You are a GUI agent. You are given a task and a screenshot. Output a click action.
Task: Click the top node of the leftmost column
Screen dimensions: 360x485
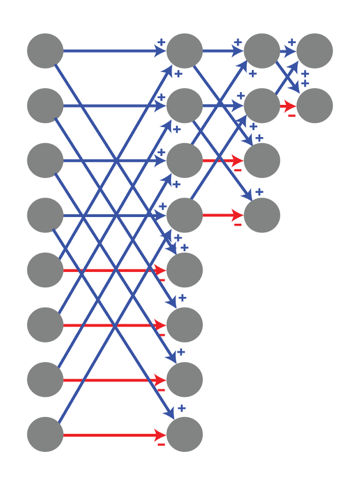(45, 50)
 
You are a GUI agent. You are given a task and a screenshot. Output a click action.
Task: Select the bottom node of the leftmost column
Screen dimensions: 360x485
(45, 434)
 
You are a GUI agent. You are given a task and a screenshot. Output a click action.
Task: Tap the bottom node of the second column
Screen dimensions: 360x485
(185, 434)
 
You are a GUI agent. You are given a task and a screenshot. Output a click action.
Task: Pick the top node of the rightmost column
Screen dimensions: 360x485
(314, 50)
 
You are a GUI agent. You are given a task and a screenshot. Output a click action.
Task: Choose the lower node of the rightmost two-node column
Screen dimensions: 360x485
(314, 105)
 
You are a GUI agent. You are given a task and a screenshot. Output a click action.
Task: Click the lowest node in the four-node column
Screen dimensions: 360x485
(262, 215)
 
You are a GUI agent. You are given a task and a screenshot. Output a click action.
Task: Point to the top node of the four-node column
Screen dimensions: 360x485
(262, 50)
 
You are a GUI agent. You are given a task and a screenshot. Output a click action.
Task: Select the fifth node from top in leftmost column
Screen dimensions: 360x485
(45, 270)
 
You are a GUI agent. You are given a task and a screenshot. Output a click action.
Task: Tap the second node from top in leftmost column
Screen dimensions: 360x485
(45, 105)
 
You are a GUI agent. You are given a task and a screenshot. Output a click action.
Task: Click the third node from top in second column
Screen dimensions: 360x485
(185, 160)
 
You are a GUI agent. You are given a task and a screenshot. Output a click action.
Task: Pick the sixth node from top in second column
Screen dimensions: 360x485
(185, 325)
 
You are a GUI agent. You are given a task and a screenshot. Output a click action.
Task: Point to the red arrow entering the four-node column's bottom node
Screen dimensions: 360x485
(223, 215)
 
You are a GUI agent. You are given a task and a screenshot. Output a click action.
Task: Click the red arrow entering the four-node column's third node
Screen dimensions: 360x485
(223, 160)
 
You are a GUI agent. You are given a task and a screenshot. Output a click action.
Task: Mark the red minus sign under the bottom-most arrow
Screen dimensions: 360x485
(161, 444)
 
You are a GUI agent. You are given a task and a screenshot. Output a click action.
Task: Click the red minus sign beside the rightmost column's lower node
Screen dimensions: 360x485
(291, 115)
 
